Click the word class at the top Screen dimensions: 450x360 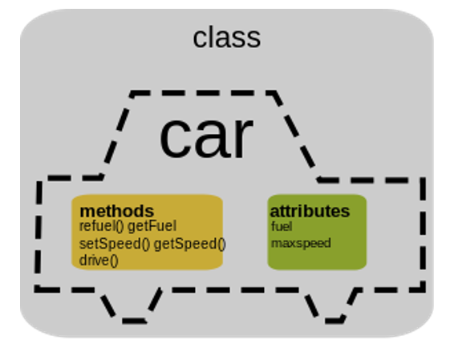coord(227,38)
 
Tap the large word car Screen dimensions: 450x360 coord(206,137)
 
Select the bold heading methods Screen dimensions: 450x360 coord(117,212)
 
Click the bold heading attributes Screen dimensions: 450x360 coord(310,211)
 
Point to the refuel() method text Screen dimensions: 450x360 coord(101,226)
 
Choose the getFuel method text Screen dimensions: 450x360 coord(152,226)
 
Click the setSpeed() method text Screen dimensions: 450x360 coord(114,244)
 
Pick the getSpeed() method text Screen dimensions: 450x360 coord(189,244)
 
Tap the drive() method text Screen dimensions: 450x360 coord(99,261)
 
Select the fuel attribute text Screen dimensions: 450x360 coord(282,227)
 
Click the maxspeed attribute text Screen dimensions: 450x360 coord(301,243)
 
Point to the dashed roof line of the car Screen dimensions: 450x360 coord(203,93)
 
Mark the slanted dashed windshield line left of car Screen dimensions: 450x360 coord(117,135)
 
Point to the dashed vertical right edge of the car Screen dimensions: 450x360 coord(423,235)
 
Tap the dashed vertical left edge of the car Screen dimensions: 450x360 coord(39,233)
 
